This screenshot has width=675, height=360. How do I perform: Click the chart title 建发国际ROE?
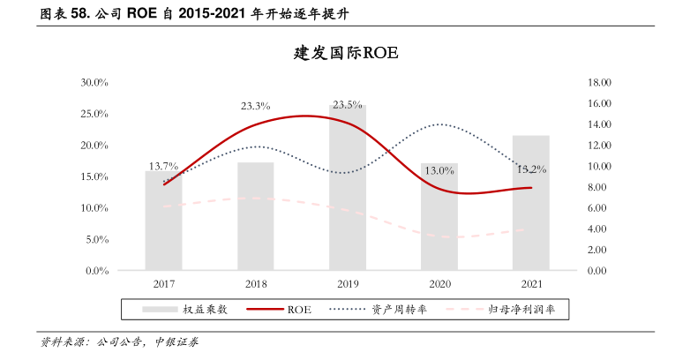click(x=346, y=53)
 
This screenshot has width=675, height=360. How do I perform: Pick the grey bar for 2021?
click(x=530, y=203)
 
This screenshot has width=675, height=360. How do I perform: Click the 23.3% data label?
click(x=255, y=106)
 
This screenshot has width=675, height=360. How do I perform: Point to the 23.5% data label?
click(x=347, y=105)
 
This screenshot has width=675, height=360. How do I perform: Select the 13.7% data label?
click(x=163, y=165)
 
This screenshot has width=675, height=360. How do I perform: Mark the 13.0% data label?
click(x=439, y=170)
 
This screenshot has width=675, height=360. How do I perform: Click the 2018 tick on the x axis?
click(x=255, y=284)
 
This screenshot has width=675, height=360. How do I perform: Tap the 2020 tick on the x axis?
click(x=439, y=284)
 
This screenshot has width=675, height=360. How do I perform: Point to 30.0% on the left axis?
click(x=94, y=83)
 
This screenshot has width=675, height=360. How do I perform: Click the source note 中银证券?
click(x=176, y=341)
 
